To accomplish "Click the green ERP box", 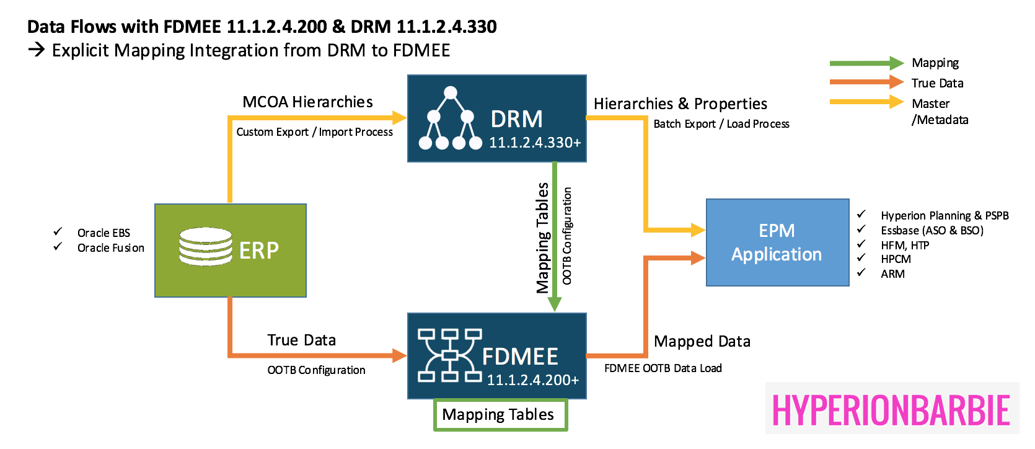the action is tap(231, 250).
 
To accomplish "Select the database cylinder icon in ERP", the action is tap(206, 246).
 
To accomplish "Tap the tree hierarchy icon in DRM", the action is tap(451, 118).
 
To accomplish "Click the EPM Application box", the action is tap(778, 242).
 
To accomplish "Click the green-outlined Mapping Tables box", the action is tap(500, 415).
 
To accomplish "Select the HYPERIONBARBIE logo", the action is tap(892, 409).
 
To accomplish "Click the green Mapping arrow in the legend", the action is tap(867, 63).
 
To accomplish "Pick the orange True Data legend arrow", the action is tap(867, 82).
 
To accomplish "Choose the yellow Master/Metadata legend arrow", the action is tap(867, 102).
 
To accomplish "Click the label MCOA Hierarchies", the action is tap(308, 102).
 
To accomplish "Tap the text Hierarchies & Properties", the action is tap(680, 104).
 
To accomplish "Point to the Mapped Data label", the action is tap(702, 341).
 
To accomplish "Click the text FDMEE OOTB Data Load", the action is tap(663, 368).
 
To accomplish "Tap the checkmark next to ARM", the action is tap(861, 272).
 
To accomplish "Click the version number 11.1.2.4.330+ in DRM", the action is tap(535, 143).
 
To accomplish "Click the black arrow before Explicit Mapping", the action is tap(37, 50).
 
